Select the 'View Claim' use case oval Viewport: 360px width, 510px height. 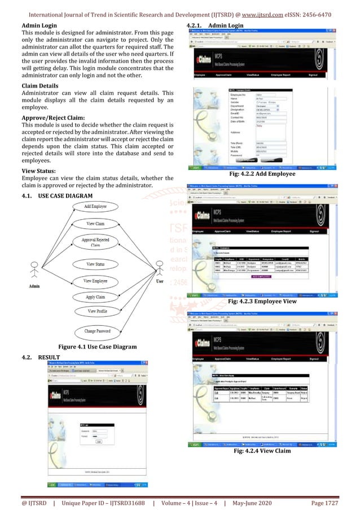pos(95,224)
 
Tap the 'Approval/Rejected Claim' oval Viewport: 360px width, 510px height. pos(95,242)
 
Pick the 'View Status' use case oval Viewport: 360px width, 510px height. pos(95,264)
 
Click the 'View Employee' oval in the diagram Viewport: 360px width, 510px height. pos(95,281)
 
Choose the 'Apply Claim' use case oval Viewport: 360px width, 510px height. pos(95,297)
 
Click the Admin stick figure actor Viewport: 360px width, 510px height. pos(34,270)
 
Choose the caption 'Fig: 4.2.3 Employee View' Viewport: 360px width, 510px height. pos(262,303)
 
